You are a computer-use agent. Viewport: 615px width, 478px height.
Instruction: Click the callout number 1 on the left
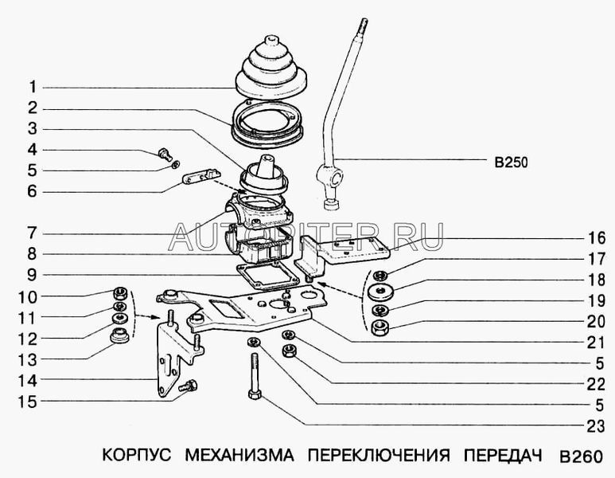click(x=33, y=87)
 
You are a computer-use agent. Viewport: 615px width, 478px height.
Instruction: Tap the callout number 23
click(x=596, y=426)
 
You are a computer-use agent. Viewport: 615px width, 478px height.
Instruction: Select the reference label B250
click(x=511, y=163)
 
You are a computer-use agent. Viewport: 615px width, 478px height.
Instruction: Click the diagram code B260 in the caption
click(x=581, y=456)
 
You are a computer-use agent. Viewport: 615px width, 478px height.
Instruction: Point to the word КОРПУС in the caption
click(x=137, y=455)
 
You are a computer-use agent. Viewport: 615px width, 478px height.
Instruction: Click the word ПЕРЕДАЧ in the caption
click(x=503, y=455)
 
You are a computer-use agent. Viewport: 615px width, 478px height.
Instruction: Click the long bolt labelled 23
click(x=254, y=376)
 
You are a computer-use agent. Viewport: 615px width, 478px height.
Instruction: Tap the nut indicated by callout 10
click(x=119, y=293)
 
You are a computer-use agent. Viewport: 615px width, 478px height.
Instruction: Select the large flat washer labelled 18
click(x=380, y=291)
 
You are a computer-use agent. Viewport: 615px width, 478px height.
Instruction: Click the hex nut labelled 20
click(x=380, y=327)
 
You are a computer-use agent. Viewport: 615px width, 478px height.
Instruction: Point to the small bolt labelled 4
click(x=166, y=154)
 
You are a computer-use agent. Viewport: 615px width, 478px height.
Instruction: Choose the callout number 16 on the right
click(x=596, y=238)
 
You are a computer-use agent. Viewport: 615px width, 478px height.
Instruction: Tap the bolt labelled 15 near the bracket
click(x=189, y=386)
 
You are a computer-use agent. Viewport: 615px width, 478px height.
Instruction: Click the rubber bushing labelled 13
click(x=119, y=335)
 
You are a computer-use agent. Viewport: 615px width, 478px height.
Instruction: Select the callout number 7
click(x=33, y=233)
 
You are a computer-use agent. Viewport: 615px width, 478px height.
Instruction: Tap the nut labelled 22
click(x=289, y=350)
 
